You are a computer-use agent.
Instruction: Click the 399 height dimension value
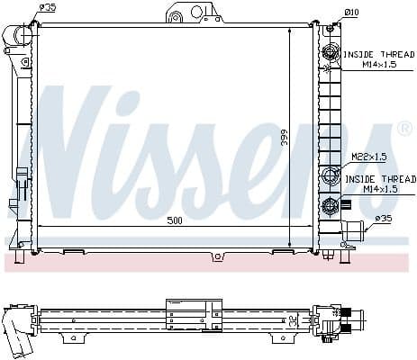(x=283, y=137)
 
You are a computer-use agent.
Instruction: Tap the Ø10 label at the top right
(x=350, y=12)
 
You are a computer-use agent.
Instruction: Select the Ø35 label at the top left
(x=49, y=8)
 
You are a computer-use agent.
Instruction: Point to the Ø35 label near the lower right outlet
(x=383, y=219)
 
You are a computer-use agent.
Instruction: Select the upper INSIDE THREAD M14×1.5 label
(x=380, y=59)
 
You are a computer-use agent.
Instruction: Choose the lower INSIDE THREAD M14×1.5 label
(x=380, y=184)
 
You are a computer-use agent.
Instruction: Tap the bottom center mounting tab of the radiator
(x=216, y=256)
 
